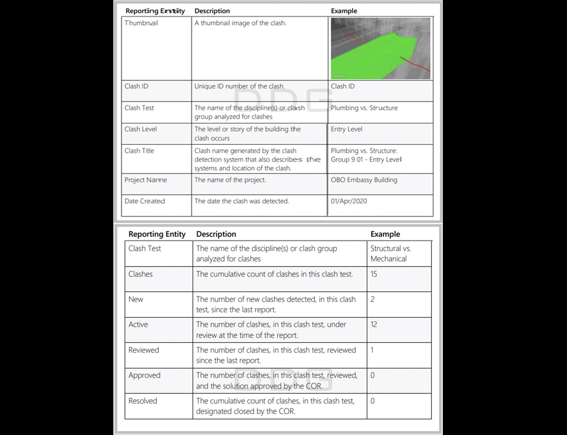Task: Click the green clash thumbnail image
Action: pyautogui.click(x=380, y=49)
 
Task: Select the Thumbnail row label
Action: pyautogui.click(x=142, y=23)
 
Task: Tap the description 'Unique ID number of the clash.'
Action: pyautogui.click(x=239, y=86)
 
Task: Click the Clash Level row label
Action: pyautogui.click(x=141, y=129)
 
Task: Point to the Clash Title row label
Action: pyautogui.click(x=139, y=151)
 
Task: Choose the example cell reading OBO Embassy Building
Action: pyautogui.click(x=364, y=180)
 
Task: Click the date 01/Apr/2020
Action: pyautogui.click(x=349, y=201)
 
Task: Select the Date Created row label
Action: pyautogui.click(x=144, y=201)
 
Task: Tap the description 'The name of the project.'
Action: pyautogui.click(x=230, y=180)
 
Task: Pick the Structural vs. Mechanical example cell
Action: pyautogui.click(x=390, y=253)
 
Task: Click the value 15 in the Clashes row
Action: pyautogui.click(x=374, y=274)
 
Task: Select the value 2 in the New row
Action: pyautogui.click(x=373, y=299)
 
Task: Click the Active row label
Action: pyautogui.click(x=138, y=325)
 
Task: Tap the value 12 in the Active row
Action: pyautogui.click(x=374, y=325)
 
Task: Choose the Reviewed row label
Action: pyautogui.click(x=143, y=350)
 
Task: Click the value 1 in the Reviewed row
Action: pyautogui.click(x=372, y=350)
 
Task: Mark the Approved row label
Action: pyautogui.click(x=144, y=375)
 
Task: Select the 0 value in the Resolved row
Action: pyautogui.click(x=373, y=401)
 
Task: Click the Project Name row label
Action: pyautogui.click(x=145, y=180)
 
